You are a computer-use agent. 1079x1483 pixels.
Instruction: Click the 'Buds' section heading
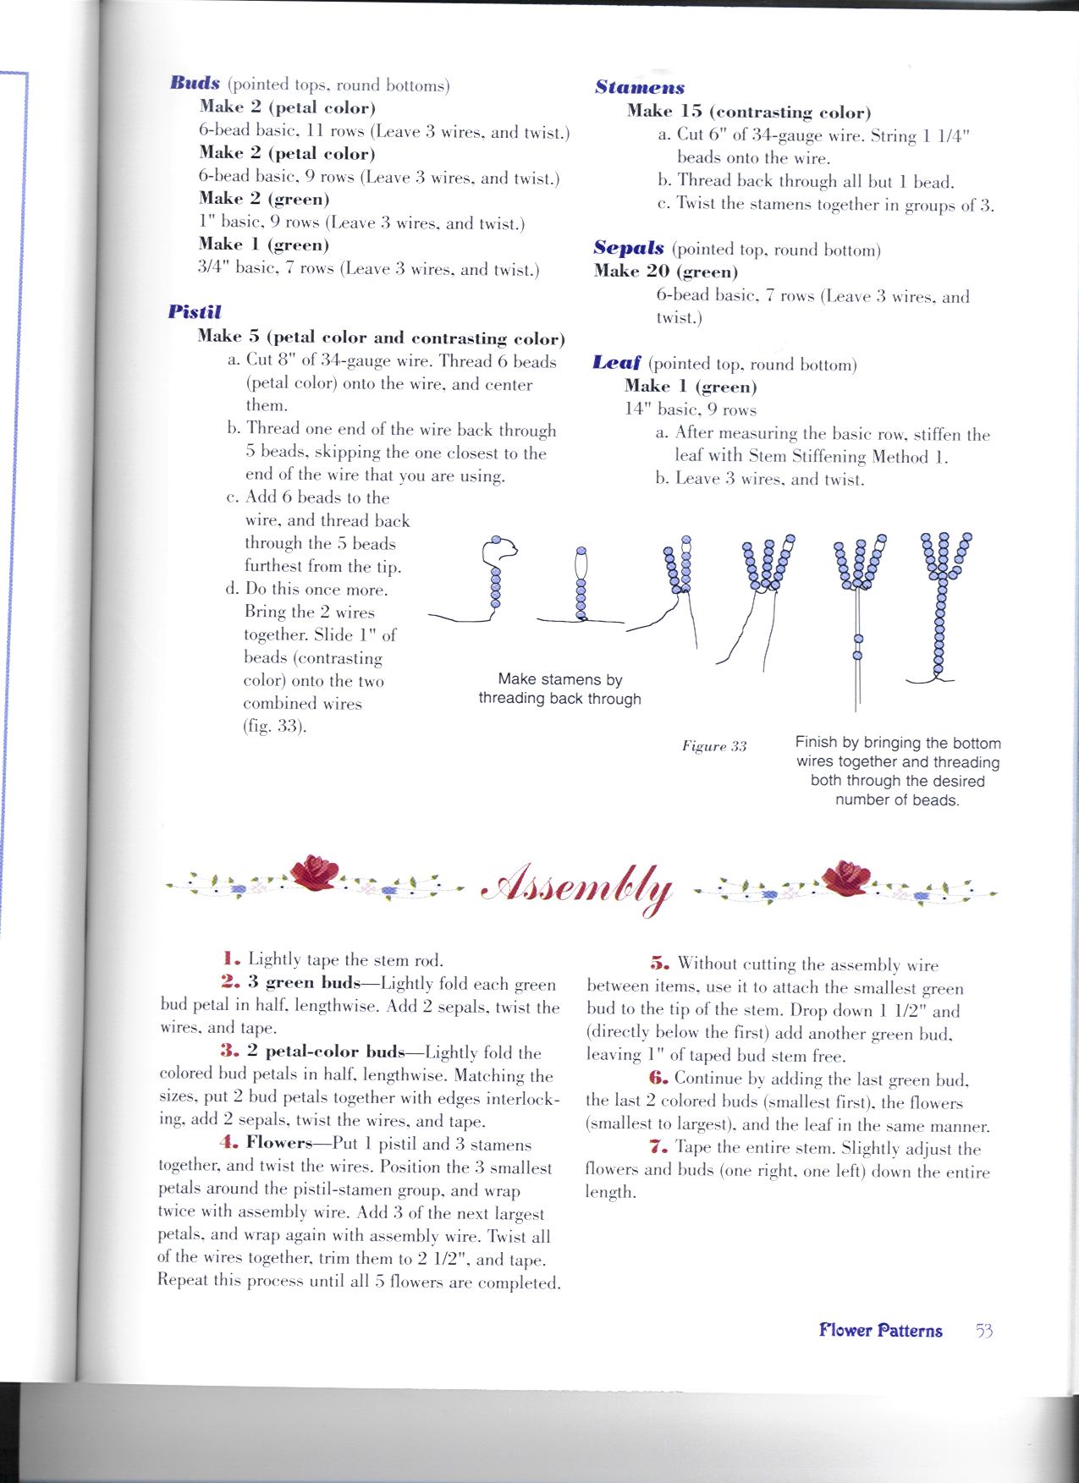195,84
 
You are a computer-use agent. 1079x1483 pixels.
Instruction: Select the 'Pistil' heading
194,311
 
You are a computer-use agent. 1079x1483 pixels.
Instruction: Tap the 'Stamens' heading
640,87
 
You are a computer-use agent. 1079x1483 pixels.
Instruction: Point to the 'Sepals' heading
627,249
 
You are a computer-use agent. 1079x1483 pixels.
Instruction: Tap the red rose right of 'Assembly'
848,875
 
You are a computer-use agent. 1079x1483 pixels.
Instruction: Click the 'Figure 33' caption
714,746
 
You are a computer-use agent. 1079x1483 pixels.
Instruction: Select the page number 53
983,1330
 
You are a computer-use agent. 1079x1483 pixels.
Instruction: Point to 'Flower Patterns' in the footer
880,1331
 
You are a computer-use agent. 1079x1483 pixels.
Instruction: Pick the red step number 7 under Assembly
655,1148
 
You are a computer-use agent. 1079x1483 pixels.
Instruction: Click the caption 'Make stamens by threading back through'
559,689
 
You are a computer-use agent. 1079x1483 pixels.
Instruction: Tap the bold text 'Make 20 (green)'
665,272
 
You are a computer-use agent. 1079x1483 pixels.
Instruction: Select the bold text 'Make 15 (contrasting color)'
749,112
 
